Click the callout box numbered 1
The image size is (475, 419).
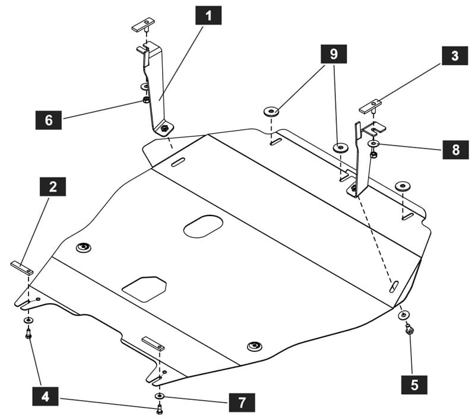point(208,15)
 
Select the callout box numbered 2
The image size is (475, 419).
point(53,186)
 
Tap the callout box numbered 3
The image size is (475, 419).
point(455,55)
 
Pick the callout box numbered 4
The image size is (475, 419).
point(46,396)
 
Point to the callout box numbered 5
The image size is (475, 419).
point(414,385)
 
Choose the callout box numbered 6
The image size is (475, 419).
point(49,120)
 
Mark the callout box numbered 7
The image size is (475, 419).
point(242,402)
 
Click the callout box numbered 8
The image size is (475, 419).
point(455,150)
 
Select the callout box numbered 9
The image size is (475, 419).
point(334,54)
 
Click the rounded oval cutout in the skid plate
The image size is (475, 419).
point(203,227)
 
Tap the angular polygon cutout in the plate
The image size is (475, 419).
point(144,289)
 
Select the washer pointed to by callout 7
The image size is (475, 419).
point(159,396)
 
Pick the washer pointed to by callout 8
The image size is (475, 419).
point(373,143)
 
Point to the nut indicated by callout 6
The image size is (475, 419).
point(145,100)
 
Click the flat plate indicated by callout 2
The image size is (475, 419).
point(22,268)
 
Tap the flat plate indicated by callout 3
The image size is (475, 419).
point(370,106)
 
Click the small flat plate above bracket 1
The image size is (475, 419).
point(143,24)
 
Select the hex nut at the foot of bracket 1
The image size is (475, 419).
point(164,128)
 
